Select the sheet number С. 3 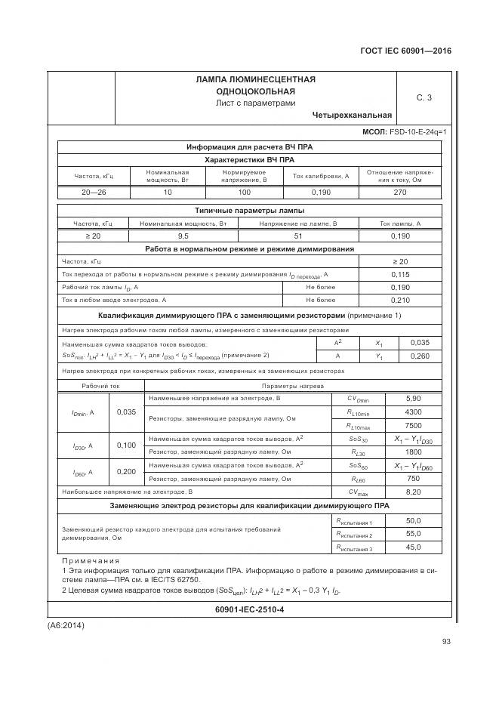pos(424,97)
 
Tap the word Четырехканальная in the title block pos(352,116)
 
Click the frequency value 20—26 pos(94,193)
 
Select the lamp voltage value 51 pos(297,236)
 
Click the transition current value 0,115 pos(400,274)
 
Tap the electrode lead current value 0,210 pos(400,301)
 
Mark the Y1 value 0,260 pos(420,356)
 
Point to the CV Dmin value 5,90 pos(413,398)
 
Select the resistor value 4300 pos(413,412)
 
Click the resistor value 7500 pos(413,425)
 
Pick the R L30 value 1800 pos(413,452)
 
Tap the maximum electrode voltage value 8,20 pos(413,492)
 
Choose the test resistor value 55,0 pos(413,534)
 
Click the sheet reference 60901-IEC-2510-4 pos(249,609)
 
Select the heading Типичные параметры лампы pos(250,211)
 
